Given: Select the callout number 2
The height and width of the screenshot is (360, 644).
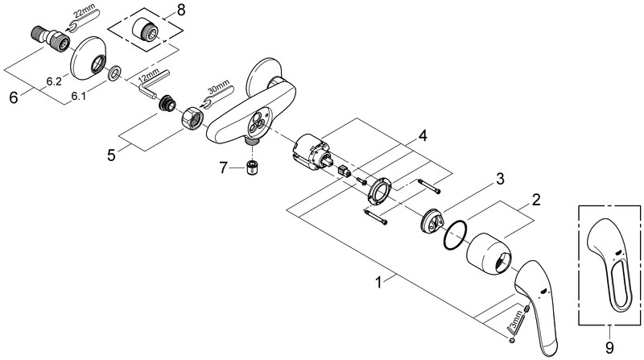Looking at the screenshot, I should pyautogui.click(x=536, y=197).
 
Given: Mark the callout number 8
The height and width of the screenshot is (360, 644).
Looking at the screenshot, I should pyautogui.click(x=181, y=12).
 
